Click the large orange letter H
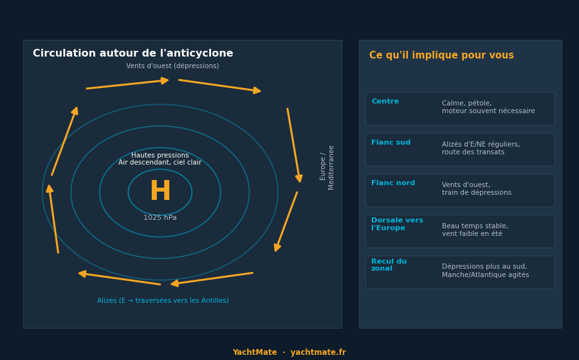(x=160, y=191)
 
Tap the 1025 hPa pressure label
(x=160, y=218)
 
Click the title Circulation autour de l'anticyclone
(x=133, y=53)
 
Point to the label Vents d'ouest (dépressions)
(x=172, y=66)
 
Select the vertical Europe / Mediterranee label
(x=327, y=168)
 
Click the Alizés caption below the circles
(x=163, y=301)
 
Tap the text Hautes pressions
(x=160, y=156)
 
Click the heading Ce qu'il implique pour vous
(x=441, y=55)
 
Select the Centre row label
(x=385, y=102)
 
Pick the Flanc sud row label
(x=391, y=142)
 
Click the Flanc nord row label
(x=393, y=183)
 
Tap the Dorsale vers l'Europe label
(x=397, y=224)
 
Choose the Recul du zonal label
(x=389, y=265)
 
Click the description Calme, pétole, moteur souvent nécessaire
(x=488, y=107)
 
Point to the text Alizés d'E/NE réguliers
(x=481, y=144)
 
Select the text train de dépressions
(x=477, y=193)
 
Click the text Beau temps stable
(x=475, y=226)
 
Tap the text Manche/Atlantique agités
(x=485, y=274)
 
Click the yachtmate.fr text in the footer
(x=318, y=352)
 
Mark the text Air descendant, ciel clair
(x=160, y=163)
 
